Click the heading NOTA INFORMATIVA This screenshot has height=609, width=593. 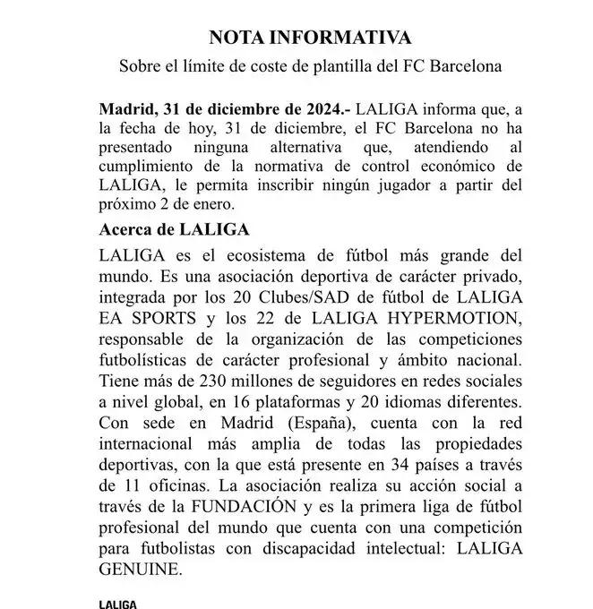310,38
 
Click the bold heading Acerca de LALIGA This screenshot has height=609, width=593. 175,229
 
